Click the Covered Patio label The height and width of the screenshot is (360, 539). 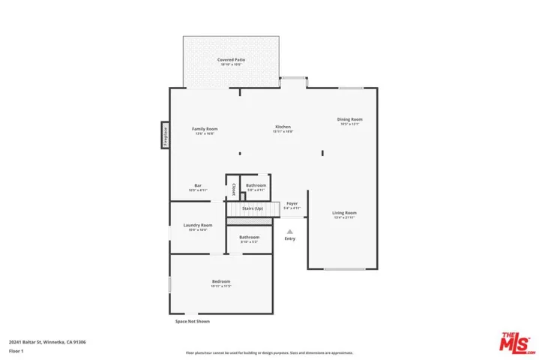(232, 59)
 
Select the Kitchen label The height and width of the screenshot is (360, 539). (283, 127)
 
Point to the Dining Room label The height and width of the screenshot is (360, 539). (349, 119)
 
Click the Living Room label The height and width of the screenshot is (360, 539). (345, 213)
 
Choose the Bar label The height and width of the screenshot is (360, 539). (198, 185)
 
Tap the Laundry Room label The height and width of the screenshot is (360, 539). (198, 225)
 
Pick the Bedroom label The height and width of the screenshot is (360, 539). (220, 281)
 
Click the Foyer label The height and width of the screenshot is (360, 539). (292, 203)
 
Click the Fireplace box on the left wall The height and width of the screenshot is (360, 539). (165, 136)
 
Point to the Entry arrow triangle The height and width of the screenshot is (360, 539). (290, 231)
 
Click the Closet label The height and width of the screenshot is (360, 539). (233, 188)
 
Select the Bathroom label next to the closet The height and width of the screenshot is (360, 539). (256, 185)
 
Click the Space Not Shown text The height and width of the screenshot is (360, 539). (193, 321)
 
